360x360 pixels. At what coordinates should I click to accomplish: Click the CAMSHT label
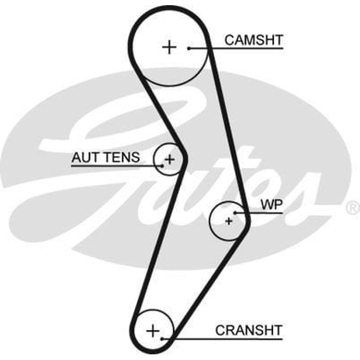(x=254, y=40)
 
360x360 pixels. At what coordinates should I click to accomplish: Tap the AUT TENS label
(x=105, y=157)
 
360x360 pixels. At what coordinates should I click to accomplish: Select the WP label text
(x=272, y=205)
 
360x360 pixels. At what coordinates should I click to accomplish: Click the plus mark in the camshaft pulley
(x=169, y=47)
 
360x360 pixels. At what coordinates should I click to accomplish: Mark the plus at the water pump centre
(x=228, y=221)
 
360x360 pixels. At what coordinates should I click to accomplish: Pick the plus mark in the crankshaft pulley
(x=153, y=330)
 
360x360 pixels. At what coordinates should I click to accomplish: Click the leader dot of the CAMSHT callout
(x=189, y=48)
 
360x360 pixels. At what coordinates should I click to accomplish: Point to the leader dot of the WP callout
(x=235, y=212)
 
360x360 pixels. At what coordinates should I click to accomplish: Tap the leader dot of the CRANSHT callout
(x=163, y=338)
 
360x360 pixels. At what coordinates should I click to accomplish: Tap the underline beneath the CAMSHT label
(x=247, y=49)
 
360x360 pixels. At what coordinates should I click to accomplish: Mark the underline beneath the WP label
(x=265, y=212)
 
